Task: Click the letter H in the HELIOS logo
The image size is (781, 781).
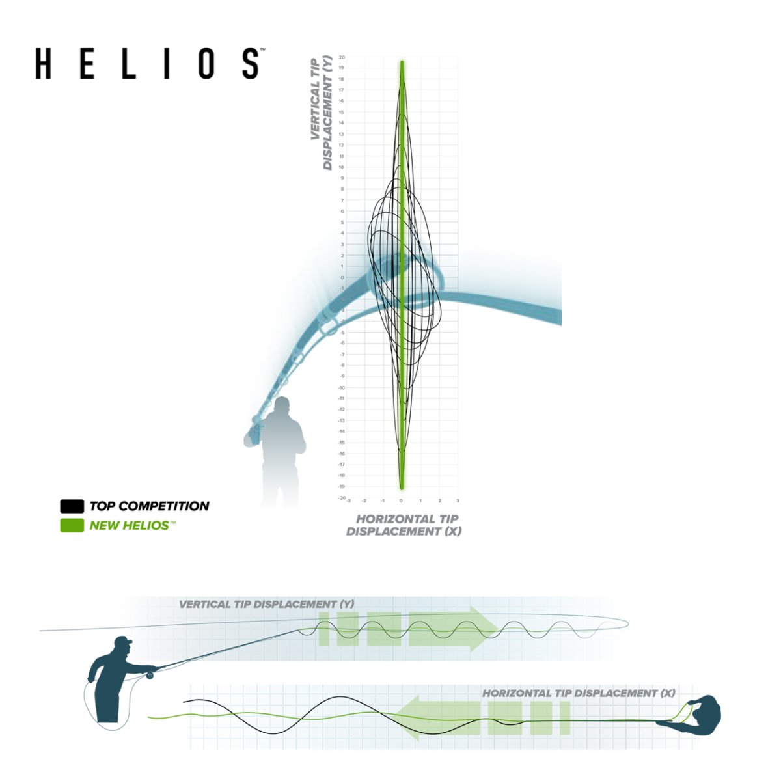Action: click(43, 63)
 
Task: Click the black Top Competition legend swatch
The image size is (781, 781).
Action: click(72, 506)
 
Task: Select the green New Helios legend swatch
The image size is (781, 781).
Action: click(72, 525)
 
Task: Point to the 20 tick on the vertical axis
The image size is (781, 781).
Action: click(342, 57)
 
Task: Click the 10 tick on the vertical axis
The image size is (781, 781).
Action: click(342, 167)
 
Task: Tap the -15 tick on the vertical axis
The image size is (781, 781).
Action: click(342, 443)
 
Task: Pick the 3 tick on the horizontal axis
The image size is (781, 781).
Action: click(458, 501)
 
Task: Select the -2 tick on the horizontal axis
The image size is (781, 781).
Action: click(364, 501)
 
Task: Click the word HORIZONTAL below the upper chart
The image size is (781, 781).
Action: click(397, 519)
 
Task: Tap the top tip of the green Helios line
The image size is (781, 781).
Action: click(402, 62)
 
